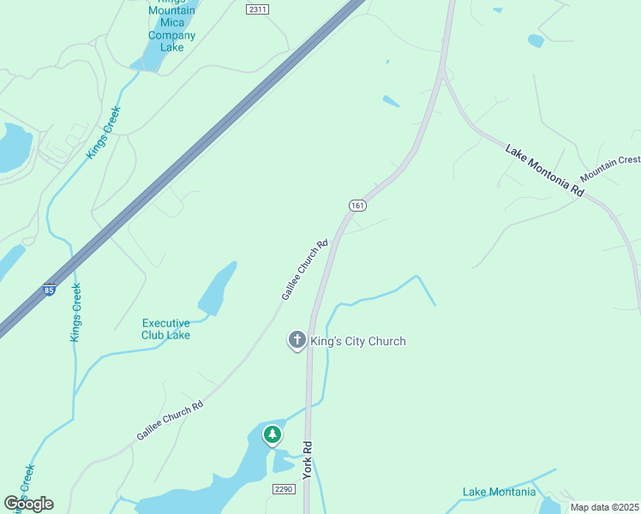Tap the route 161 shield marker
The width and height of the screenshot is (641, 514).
point(357,205)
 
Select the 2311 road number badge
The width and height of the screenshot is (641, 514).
point(256,9)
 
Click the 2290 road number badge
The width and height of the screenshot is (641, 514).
point(284,489)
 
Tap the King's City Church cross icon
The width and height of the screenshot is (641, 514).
point(297,341)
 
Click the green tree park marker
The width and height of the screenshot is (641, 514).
point(273,435)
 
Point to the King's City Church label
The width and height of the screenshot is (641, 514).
point(357,341)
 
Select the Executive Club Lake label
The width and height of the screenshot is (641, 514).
point(165,329)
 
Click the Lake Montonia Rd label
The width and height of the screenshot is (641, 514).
point(544,171)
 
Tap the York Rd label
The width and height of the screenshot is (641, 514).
point(307,460)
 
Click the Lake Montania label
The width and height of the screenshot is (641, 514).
point(499,492)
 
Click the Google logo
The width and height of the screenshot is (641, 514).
point(28,504)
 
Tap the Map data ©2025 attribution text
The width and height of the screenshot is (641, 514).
point(603,507)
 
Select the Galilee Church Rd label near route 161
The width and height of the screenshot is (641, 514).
point(305,269)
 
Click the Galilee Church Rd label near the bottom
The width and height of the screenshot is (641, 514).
point(170,421)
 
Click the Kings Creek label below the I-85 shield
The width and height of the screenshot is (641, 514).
point(75,313)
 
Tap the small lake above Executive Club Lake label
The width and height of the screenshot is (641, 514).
point(218,290)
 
